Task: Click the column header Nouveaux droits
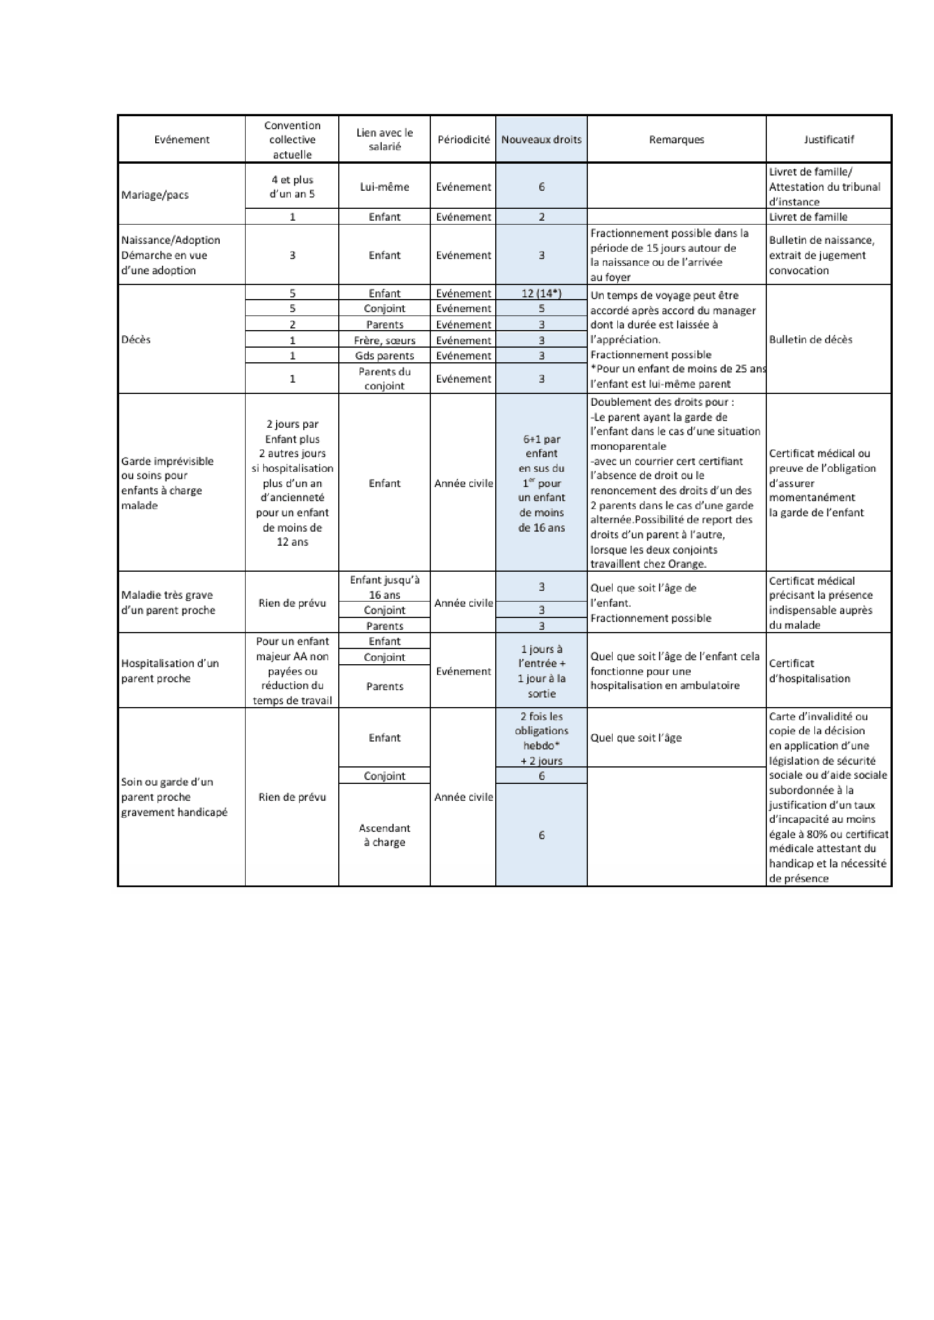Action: tap(541, 140)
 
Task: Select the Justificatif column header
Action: tap(828, 140)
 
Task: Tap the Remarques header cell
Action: tap(677, 140)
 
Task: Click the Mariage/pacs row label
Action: tap(155, 195)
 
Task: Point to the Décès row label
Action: tap(136, 339)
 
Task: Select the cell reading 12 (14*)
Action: tap(541, 293)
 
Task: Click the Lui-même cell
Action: tap(384, 187)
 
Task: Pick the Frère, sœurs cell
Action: tap(384, 340)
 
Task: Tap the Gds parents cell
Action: tap(384, 356)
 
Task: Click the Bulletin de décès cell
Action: tap(810, 339)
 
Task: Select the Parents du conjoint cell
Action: tap(384, 379)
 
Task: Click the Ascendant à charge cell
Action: tap(384, 835)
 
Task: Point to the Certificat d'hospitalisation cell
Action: tap(809, 671)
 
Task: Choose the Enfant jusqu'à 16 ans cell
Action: tap(384, 587)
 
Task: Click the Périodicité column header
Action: tap(464, 140)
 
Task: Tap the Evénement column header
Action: tap(182, 140)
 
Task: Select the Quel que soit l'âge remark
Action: tap(635, 738)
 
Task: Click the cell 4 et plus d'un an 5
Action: tap(292, 187)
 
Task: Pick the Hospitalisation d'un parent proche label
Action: tap(169, 671)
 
